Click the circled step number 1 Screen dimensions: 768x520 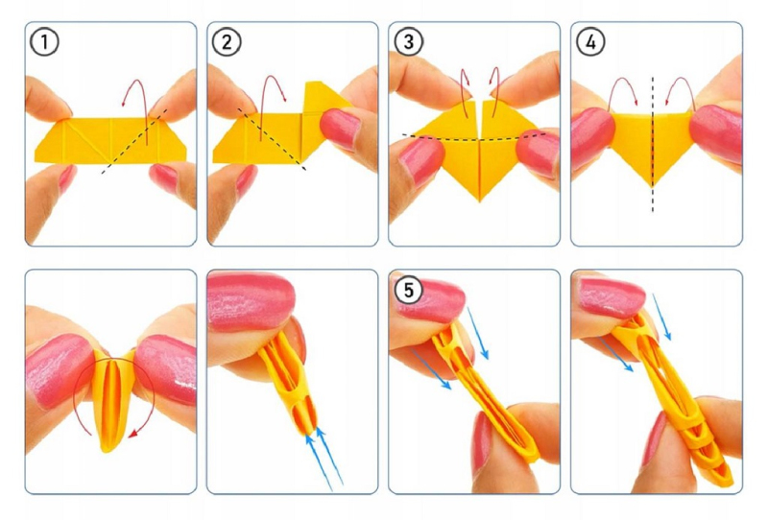(x=44, y=42)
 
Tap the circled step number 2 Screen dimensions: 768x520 (x=227, y=42)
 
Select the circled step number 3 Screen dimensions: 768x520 (x=409, y=42)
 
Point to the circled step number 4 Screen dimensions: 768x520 (x=590, y=42)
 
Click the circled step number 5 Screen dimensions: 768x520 (x=409, y=290)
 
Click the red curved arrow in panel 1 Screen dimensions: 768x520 (x=139, y=82)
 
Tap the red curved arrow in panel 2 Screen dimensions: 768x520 (x=273, y=77)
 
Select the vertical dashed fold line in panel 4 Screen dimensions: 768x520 (x=653, y=145)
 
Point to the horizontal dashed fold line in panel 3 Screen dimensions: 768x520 (x=474, y=138)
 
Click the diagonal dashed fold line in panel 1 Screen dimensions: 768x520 (x=134, y=141)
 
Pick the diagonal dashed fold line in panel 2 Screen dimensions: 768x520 (x=272, y=139)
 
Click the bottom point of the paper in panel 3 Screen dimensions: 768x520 (x=479, y=201)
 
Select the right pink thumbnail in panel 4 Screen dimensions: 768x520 (x=714, y=133)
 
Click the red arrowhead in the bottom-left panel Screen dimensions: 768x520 (x=132, y=433)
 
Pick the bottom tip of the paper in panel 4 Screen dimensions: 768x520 (x=653, y=185)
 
